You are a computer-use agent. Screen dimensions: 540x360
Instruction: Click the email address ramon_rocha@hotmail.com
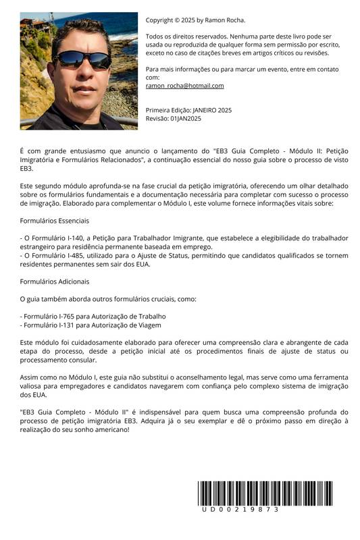coord(184,86)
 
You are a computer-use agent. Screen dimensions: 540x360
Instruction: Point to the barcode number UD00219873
coord(240,510)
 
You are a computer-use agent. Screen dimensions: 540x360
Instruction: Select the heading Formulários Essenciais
coord(55,221)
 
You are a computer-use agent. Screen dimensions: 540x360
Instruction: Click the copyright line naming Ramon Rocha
coord(196,20)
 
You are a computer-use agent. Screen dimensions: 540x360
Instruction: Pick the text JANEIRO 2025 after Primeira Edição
coord(212,110)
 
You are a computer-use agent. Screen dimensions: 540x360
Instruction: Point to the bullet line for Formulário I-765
coord(93,316)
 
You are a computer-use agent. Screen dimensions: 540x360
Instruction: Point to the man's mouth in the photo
coord(82,88)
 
